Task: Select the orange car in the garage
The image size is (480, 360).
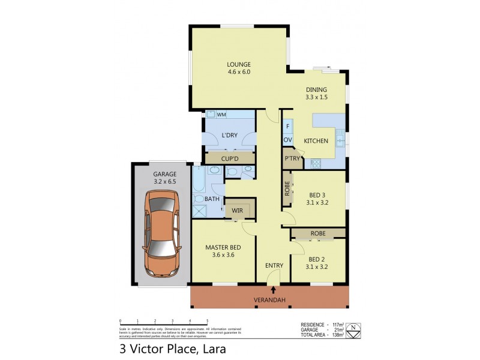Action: pyautogui.click(x=160, y=234)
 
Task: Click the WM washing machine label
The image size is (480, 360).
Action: pyautogui.click(x=221, y=115)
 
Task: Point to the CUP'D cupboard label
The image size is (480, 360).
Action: pyautogui.click(x=230, y=158)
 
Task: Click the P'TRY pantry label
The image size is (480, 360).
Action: pyautogui.click(x=292, y=158)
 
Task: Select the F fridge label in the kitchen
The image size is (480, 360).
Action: pyautogui.click(x=287, y=127)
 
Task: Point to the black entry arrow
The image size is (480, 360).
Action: pyautogui.click(x=274, y=291)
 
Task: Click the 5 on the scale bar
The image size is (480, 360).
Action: pyautogui.click(x=208, y=321)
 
